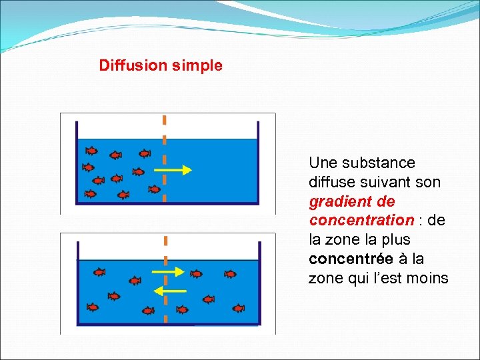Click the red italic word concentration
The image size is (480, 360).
pos(361,220)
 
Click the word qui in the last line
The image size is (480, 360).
pos(357,278)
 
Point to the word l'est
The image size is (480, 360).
pos(387,278)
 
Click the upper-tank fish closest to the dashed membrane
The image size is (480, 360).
pos(155,189)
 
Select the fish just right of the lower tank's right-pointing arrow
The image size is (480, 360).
pos(197,273)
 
